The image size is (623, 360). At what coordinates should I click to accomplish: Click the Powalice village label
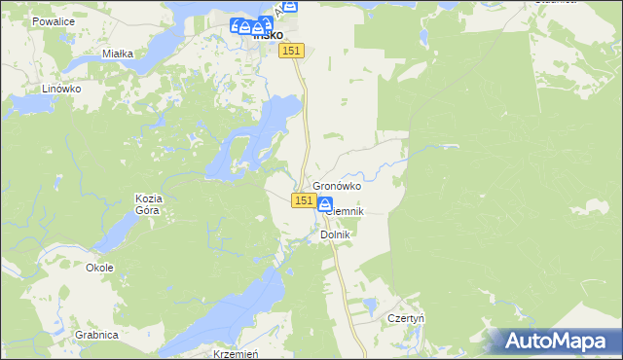coord(53,20)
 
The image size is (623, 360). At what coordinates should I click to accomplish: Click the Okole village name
coord(99,268)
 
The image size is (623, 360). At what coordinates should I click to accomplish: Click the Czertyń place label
coord(408,318)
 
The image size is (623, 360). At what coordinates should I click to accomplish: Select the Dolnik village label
coord(335,234)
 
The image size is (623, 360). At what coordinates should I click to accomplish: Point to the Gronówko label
coord(337,186)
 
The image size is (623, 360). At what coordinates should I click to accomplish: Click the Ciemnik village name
coord(346,210)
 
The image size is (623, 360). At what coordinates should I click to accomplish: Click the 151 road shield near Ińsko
coord(294,51)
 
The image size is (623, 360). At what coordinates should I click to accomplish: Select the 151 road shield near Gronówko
coord(303,200)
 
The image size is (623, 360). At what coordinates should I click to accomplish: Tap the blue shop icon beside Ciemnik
coord(324,204)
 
